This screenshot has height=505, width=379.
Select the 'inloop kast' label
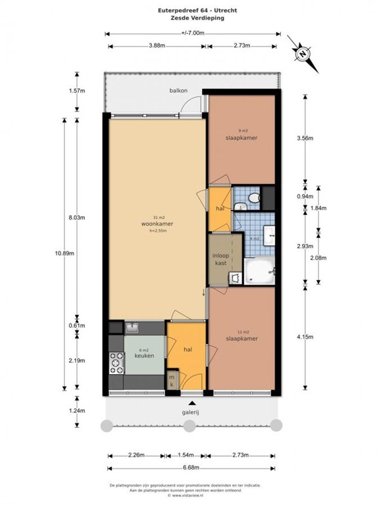pos(220,259)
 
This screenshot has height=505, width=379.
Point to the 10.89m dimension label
pos(66,252)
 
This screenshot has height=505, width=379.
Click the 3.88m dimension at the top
pos(157,45)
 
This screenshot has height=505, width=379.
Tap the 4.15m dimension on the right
pos(306,338)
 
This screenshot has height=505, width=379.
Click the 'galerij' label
pos(191,414)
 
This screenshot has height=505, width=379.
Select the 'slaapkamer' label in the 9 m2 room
pos(241,138)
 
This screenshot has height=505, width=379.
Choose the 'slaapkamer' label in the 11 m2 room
pos(241,339)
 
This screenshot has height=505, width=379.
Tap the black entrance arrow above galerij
pos(191,402)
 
